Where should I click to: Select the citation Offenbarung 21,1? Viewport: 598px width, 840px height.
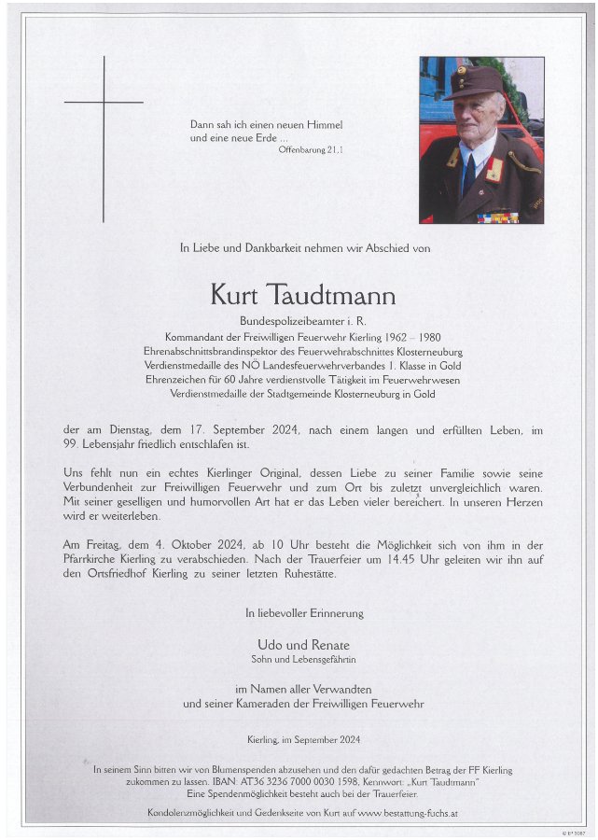[x=311, y=149]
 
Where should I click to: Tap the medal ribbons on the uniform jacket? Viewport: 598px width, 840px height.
[x=498, y=217]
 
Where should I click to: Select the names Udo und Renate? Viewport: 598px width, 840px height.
[x=303, y=644]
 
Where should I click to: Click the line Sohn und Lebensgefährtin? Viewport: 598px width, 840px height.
[x=303, y=659]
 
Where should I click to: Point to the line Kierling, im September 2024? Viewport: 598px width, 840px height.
[x=303, y=739]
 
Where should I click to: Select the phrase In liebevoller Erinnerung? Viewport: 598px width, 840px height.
[x=304, y=613]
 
